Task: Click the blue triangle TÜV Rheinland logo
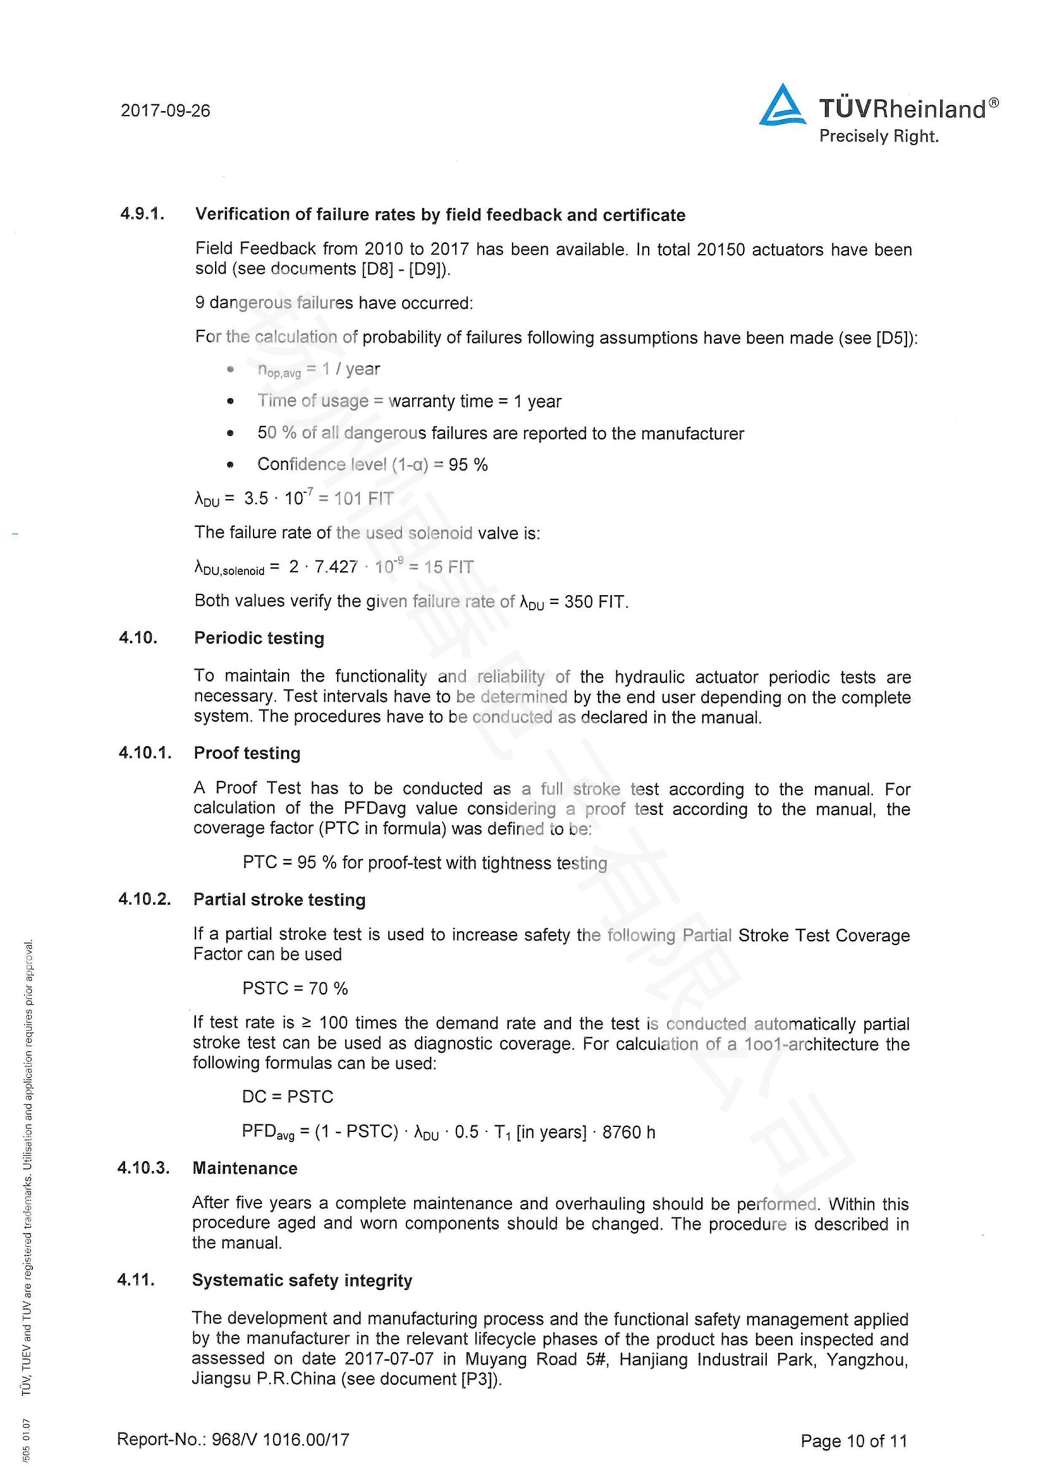point(782,105)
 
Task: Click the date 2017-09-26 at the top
point(166,111)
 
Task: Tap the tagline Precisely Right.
point(878,136)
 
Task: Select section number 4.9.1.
point(143,213)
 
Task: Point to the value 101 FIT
point(363,499)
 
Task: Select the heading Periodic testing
point(259,638)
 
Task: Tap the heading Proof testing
point(247,753)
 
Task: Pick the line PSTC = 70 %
point(294,988)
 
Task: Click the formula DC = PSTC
point(287,1096)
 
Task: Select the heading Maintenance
point(245,1168)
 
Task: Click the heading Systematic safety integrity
point(302,1280)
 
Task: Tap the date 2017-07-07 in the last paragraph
point(389,1359)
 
